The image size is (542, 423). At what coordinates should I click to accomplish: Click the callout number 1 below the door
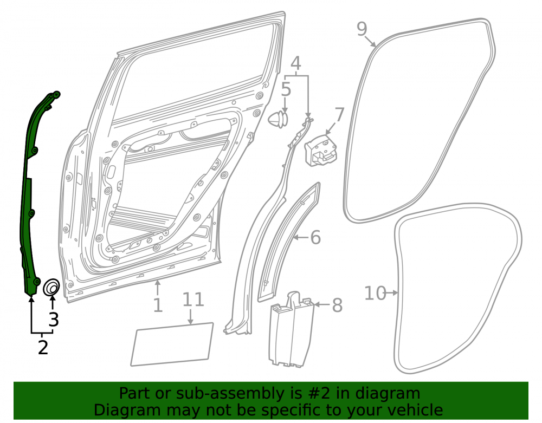click(158, 305)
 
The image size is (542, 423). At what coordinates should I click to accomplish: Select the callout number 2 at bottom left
click(43, 347)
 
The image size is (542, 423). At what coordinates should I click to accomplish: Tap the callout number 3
click(54, 320)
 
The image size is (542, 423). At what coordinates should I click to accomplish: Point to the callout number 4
click(296, 63)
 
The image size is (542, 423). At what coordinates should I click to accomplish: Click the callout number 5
click(286, 89)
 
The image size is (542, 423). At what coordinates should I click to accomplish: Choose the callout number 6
click(315, 237)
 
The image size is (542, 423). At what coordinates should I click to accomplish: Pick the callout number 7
click(340, 115)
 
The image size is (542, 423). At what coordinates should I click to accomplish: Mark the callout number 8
click(337, 305)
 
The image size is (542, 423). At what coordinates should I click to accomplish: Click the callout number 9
click(362, 29)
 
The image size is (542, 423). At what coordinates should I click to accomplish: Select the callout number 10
click(375, 293)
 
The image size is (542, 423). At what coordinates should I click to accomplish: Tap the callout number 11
click(193, 300)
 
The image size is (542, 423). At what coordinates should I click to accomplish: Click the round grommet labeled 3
click(51, 288)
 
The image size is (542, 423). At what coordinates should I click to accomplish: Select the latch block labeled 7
click(320, 150)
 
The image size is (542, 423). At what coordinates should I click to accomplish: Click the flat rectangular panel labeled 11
click(172, 344)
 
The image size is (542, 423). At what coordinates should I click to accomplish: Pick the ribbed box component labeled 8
click(291, 328)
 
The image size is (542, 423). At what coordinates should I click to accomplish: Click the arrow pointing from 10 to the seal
click(392, 293)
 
